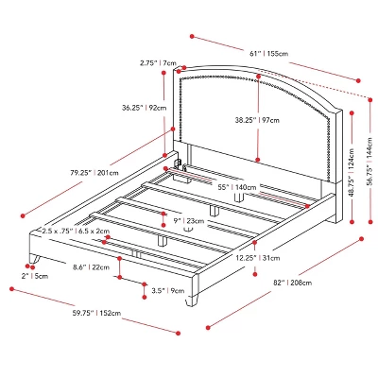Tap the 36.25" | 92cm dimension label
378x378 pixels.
(144, 108)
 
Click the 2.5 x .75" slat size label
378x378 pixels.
(77, 231)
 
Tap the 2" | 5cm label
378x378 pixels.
(34, 276)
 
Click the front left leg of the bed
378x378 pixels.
(39, 258)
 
